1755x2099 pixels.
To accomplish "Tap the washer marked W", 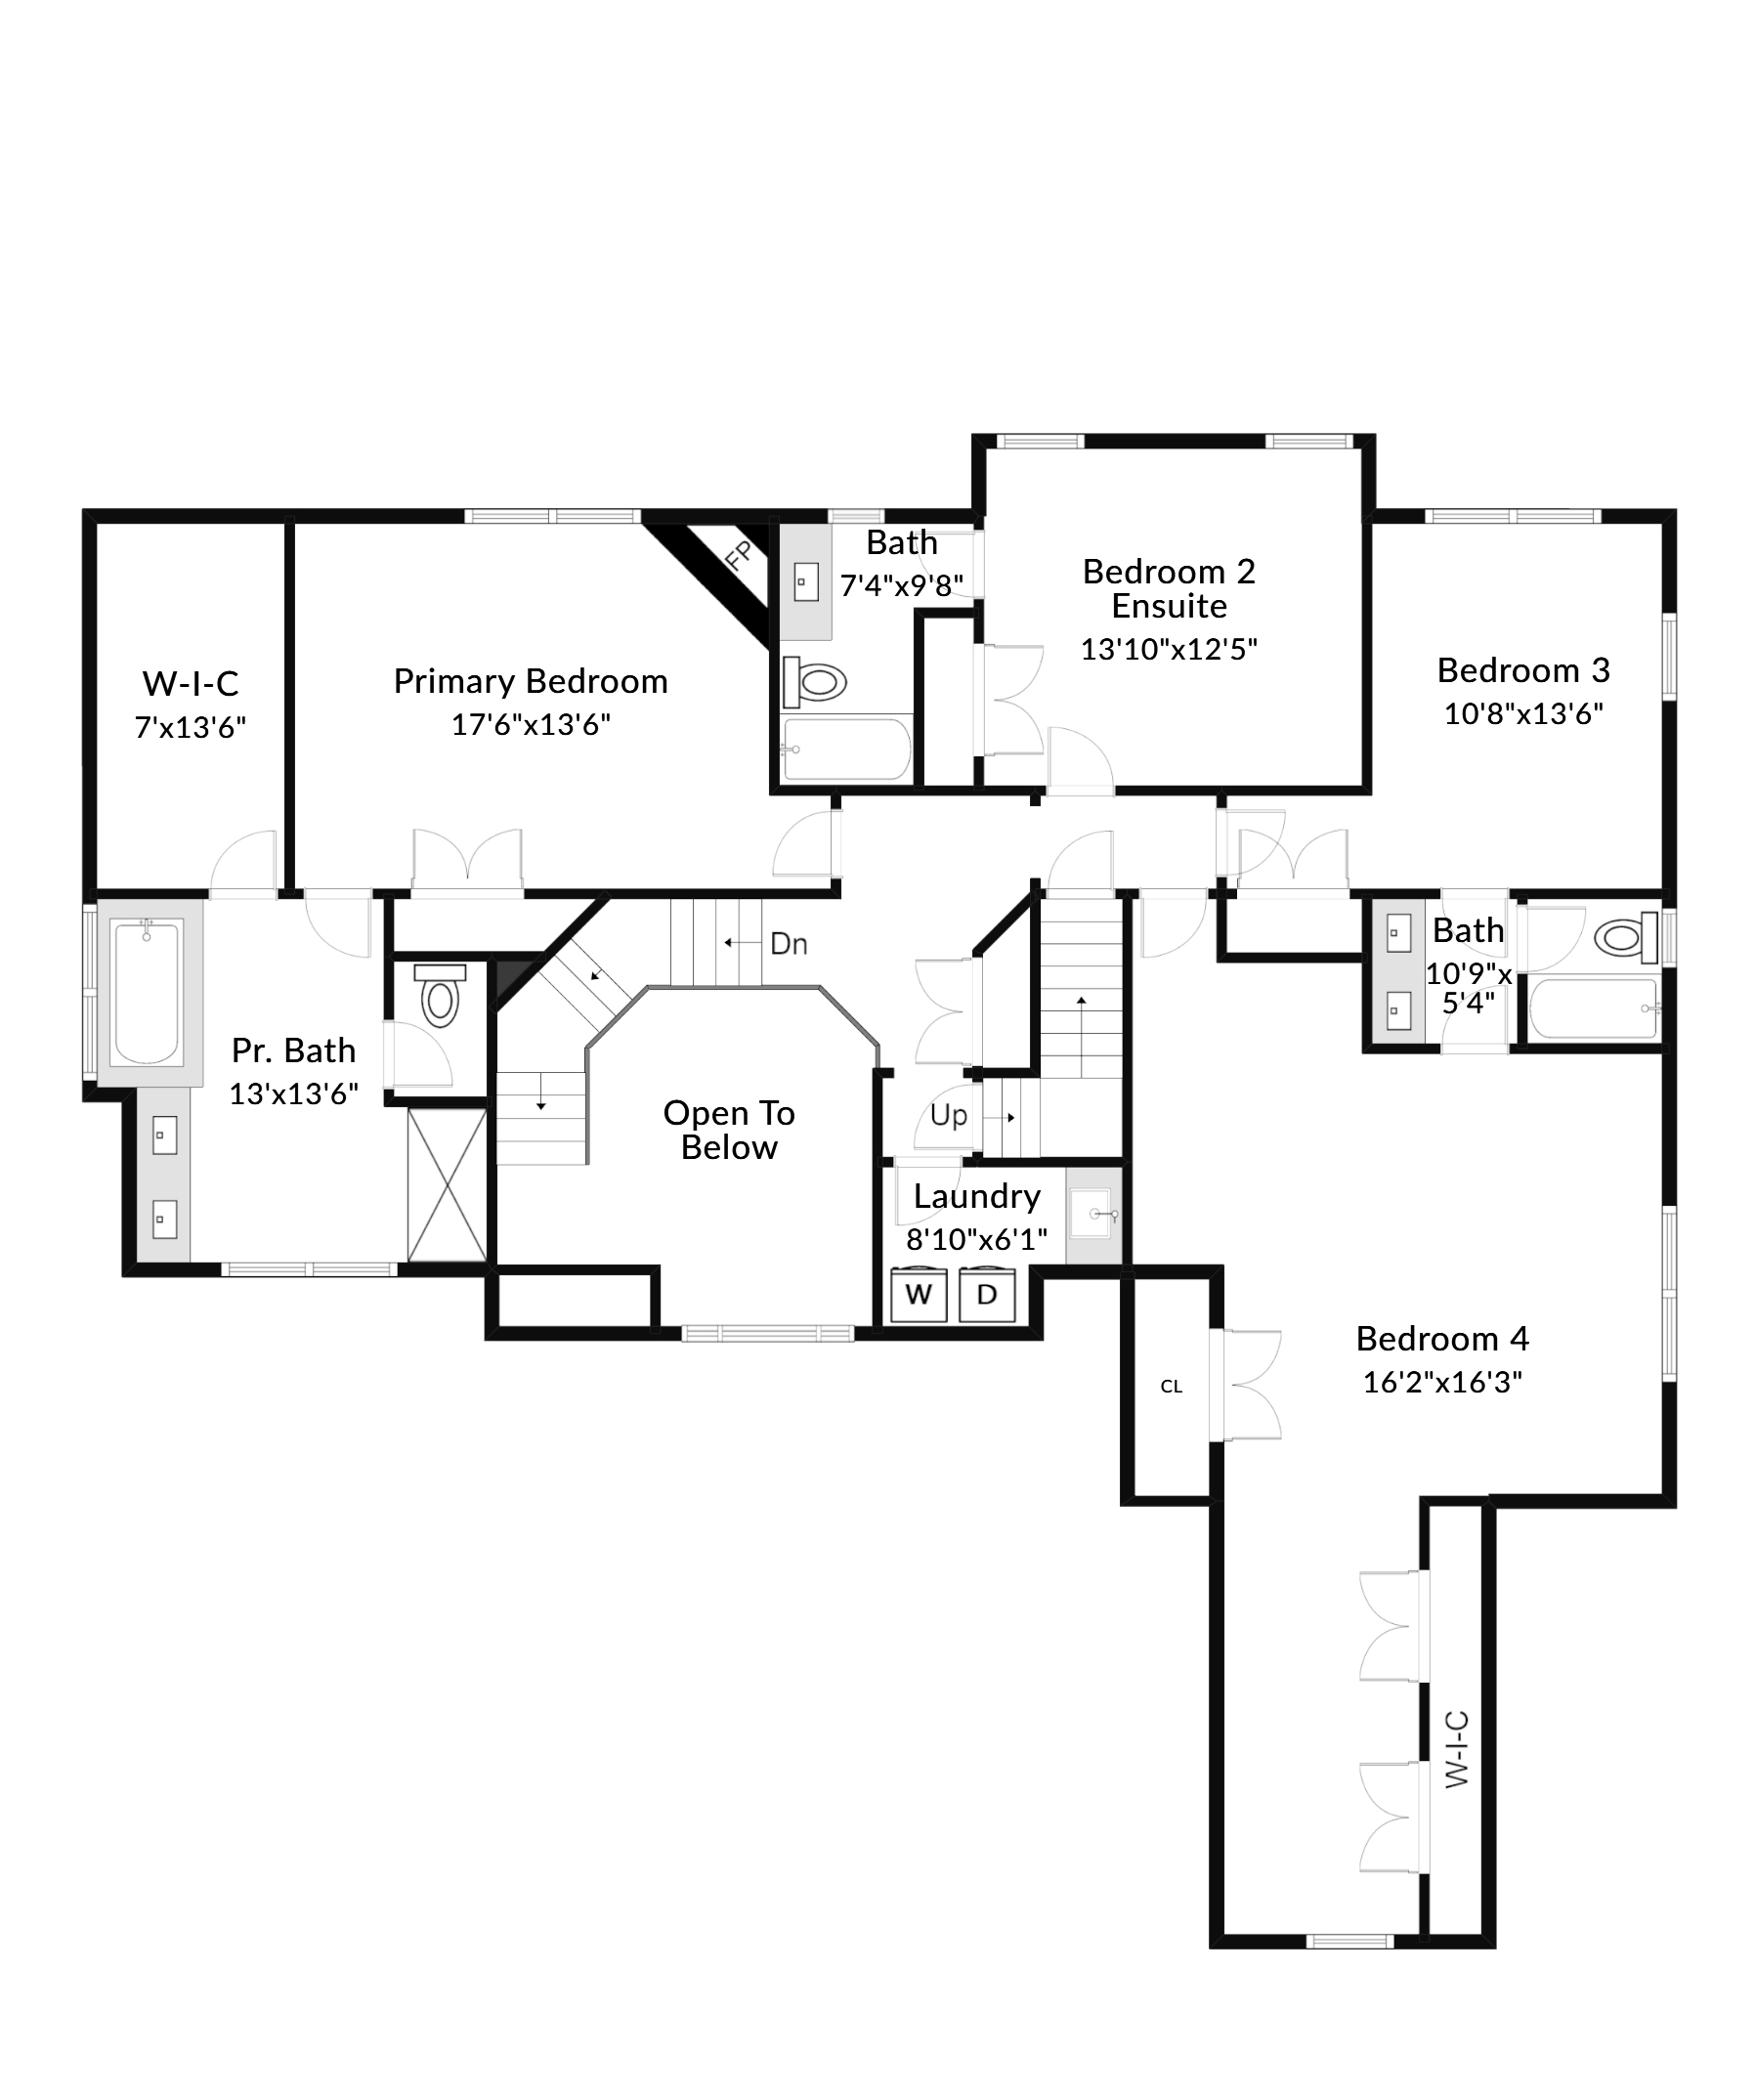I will click(x=918, y=1295).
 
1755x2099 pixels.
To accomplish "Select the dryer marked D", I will click(x=986, y=1295).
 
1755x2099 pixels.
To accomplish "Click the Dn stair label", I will click(x=789, y=944).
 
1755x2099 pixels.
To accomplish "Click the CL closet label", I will click(x=1172, y=1387).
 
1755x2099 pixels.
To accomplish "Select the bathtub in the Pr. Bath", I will click(x=147, y=994).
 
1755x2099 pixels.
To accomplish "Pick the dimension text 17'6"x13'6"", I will click(x=530, y=725).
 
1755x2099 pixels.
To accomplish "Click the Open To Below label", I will click(x=729, y=1130).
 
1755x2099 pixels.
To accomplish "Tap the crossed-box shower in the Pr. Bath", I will click(x=447, y=1184).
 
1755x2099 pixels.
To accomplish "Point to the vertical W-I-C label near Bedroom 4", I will click(x=1457, y=1749).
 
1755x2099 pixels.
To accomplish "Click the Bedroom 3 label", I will click(x=1522, y=670).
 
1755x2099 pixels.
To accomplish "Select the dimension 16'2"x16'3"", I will click(x=1441, y=1383).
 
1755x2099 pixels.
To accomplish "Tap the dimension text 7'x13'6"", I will click(x=190, y=728).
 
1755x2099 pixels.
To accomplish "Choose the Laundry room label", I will click(x=976, y=1196).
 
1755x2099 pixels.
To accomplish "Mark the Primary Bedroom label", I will click(x=530, y=682).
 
